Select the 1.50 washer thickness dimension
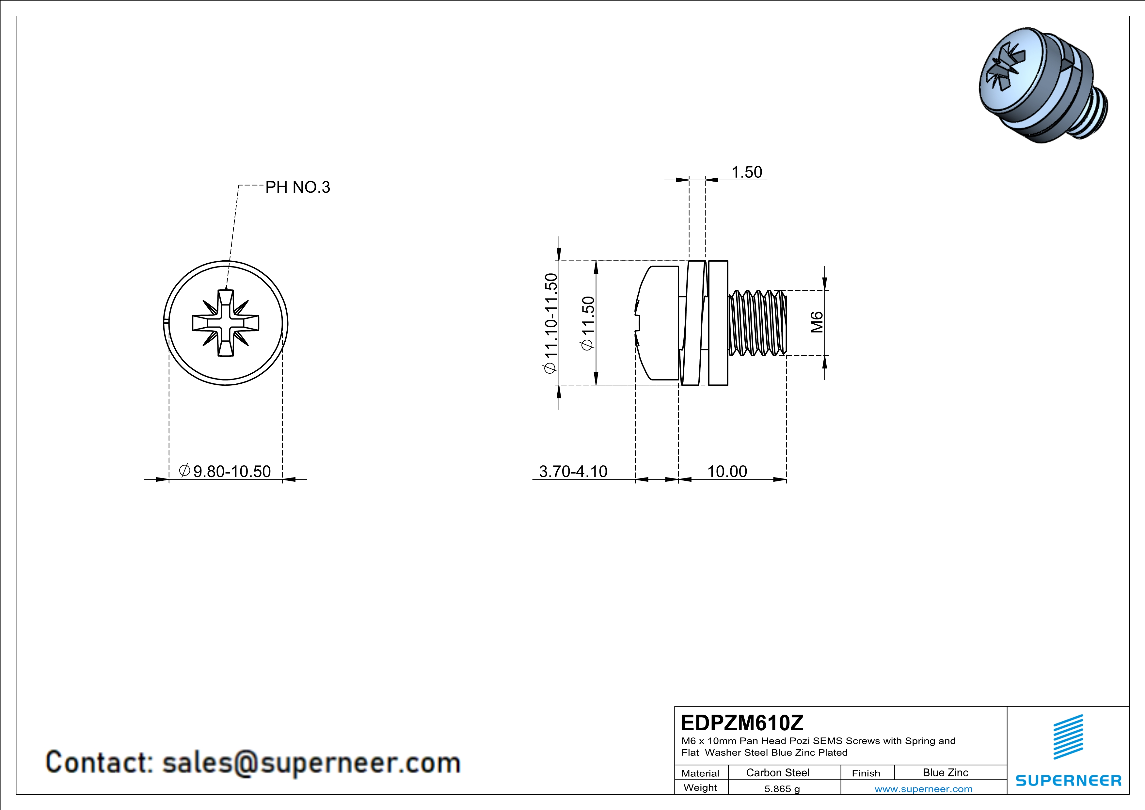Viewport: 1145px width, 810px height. [747, 172]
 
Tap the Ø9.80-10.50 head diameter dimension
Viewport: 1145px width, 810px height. [225, 471]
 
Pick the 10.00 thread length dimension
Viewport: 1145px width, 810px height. [727, 471]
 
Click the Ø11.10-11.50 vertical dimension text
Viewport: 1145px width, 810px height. [550, 323]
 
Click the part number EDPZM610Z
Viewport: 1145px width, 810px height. [742, 723]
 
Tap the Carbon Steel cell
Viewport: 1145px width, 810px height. [777, 772]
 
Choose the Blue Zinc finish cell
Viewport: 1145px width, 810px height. [945, 772]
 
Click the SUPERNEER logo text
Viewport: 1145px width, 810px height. [1068, 781]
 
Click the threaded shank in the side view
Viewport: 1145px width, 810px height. [757, 323]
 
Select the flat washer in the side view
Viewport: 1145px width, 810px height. [718, 323]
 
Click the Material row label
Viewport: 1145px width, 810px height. [700, 773]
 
